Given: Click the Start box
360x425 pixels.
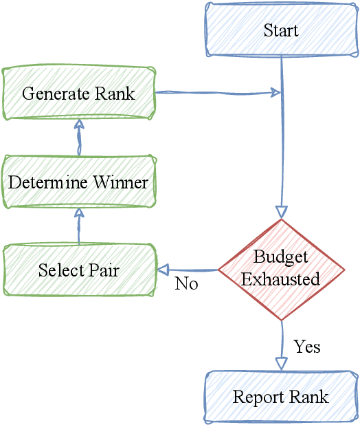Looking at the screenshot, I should pos(282,30).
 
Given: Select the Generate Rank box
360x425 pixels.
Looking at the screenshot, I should pos(78,94).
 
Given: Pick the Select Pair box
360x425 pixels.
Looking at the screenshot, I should pos(78,270).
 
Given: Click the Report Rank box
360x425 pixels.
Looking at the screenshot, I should pos(281,397).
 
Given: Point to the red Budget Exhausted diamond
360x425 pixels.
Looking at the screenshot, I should pos(282,269).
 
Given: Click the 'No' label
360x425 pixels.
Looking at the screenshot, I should pos(186,283).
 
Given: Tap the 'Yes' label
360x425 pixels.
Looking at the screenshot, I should pos(307,346).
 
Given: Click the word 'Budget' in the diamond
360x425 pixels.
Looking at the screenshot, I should pos(280,257).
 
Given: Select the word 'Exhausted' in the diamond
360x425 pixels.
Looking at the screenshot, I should pos(280,279).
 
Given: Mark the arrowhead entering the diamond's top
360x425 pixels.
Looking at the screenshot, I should pos(282,212).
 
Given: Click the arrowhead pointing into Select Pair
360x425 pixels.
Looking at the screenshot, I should pos(164,270).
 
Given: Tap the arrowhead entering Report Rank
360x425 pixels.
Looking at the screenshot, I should pos(282,364).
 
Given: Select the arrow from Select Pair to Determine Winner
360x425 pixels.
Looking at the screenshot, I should pos(78,227).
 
